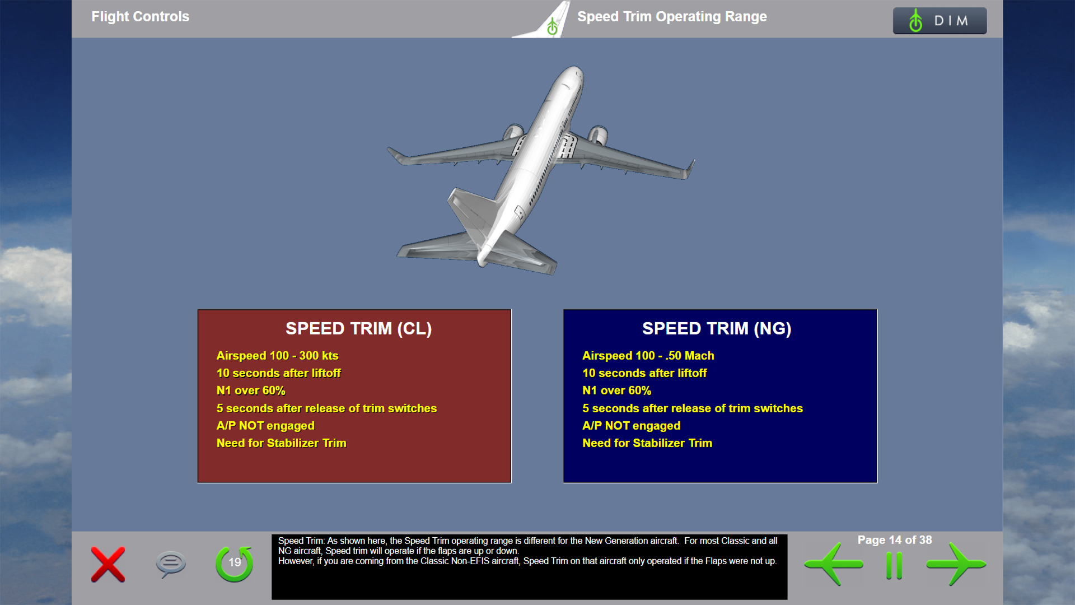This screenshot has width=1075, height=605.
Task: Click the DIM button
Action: [x=940, y=21]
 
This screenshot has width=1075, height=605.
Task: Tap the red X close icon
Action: [x=108, y=565]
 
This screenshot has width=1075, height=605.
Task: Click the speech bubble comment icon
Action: [x=171, y=564]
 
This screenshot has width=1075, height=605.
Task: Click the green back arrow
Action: [x=834, y=564]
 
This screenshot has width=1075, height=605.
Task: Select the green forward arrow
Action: [x=956, y=564]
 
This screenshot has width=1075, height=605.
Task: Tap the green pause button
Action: [x=894, y=566]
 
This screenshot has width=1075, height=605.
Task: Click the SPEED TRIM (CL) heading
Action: [x=358, y=328]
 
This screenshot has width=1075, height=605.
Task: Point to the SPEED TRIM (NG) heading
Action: [x=717, y=328]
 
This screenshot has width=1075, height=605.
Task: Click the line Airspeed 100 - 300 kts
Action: [x=278, y=356]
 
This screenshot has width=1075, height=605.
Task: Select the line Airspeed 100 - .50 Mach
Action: [x=648, y=356]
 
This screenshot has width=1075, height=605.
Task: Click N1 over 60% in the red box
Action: [x=251, y=390]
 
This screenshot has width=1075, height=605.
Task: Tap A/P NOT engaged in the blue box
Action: [x=632, y=426]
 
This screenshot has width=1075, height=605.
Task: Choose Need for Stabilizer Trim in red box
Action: [x=282, y=443]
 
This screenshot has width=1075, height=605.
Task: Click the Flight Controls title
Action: [x=141, y=17]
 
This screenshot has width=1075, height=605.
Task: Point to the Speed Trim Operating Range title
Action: [x=672, y=17]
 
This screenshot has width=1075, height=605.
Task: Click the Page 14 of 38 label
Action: [x=895, y=540]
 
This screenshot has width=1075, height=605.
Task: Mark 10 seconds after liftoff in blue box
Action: [x=644, y=373]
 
